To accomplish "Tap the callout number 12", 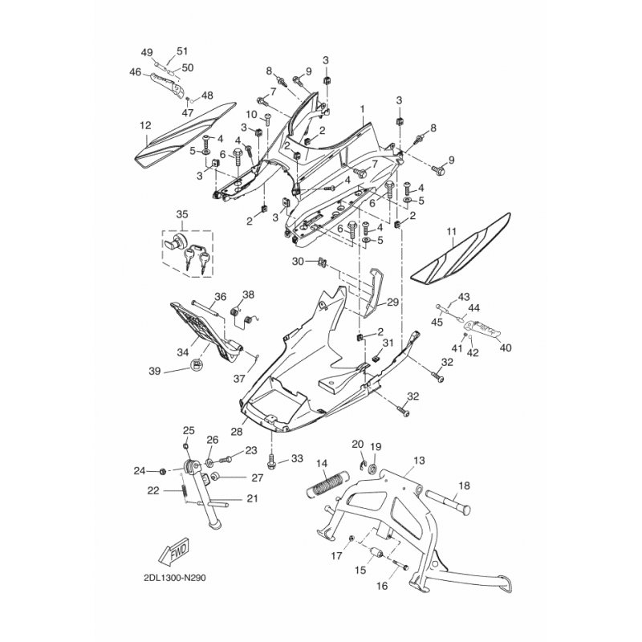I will tap(145, 125).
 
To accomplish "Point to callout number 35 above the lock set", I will tap(182, 214).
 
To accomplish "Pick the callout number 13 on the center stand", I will tap(418, 461).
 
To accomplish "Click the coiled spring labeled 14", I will tap(329, 485).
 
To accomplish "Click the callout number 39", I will tap(154, 370).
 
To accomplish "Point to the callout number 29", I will tap(392, 302).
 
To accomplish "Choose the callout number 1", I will tap(362, 107).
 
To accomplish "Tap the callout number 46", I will tap(135, 72).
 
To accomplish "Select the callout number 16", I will tap(381, 587).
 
